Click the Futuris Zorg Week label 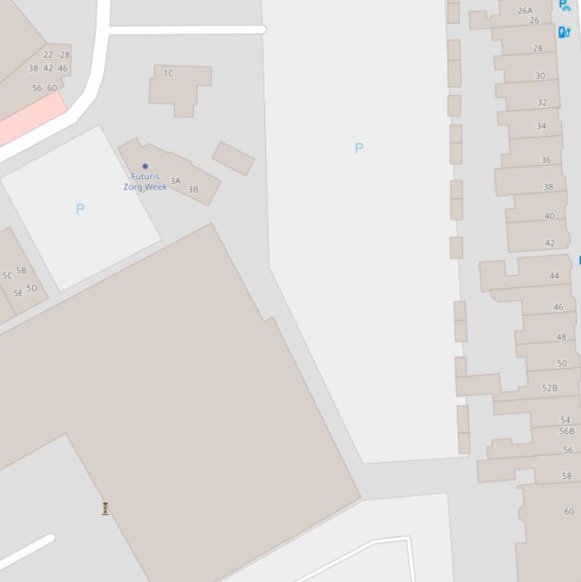coord(145,181)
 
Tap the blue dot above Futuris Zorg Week coord(145,166)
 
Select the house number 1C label coord(168,73)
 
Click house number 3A coord(175,181)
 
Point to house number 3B coord(193,190)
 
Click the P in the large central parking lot coord(359,148)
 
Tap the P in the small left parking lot coord(80,209)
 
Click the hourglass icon coord(105,509)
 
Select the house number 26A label coord(525,11)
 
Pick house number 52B coord(549,388)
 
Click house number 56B coord(567,431)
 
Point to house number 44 coord(554,276)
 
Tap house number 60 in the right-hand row coord(569,512)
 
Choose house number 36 coord(545,160)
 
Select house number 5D coord(32,288)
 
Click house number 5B coord(21,270)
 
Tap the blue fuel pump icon coord(564,32)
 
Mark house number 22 coord(48,54)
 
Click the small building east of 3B coord(233,158)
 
